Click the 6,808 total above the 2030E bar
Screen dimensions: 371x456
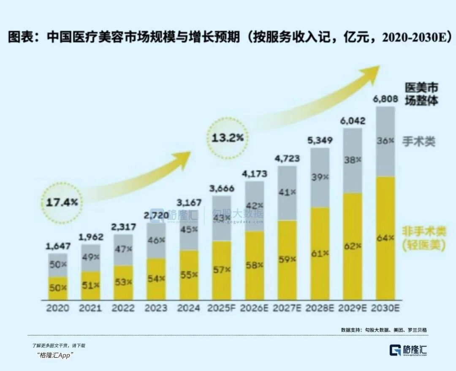click(x=385, y=100)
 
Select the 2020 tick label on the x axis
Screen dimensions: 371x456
click(x=57, y=308)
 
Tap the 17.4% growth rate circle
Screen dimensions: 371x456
click(x=62, y=202)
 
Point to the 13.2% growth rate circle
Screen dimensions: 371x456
click(x=227, y=138)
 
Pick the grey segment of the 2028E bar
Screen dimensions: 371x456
click(x=320, y=177)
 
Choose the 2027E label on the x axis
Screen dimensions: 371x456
click(x=287, y=308)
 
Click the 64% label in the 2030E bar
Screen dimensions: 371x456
click(x=385, y=238)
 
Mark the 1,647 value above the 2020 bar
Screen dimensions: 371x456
click(x=57, y=246)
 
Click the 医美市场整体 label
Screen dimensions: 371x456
click(x=421, y=94)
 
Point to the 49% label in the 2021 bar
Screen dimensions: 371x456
click(x=90, y=257)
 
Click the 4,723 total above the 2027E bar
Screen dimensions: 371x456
click(x=287, y=159)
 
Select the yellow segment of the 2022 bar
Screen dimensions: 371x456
click(x=123, y=283)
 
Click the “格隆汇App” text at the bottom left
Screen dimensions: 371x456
click(x=55, y=355)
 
